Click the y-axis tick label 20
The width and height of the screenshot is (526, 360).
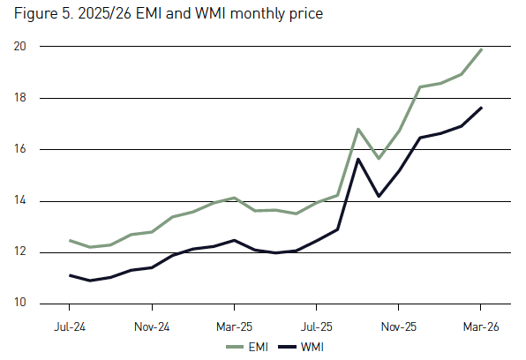[24, 47]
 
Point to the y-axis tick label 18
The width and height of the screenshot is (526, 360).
[24, 98]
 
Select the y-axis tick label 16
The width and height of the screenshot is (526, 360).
[24, 149]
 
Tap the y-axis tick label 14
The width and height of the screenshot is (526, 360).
[24, 201]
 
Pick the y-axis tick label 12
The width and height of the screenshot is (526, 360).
[24, 252]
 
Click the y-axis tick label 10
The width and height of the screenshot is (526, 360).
[24, 304]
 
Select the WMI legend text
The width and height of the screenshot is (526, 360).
[312, 347]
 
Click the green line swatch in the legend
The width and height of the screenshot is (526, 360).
[234, 347]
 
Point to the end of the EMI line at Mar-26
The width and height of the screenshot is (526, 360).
[481, 49]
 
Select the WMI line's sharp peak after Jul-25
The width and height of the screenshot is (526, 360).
[357, 159]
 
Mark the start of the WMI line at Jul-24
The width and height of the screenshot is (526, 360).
[71, 275]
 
